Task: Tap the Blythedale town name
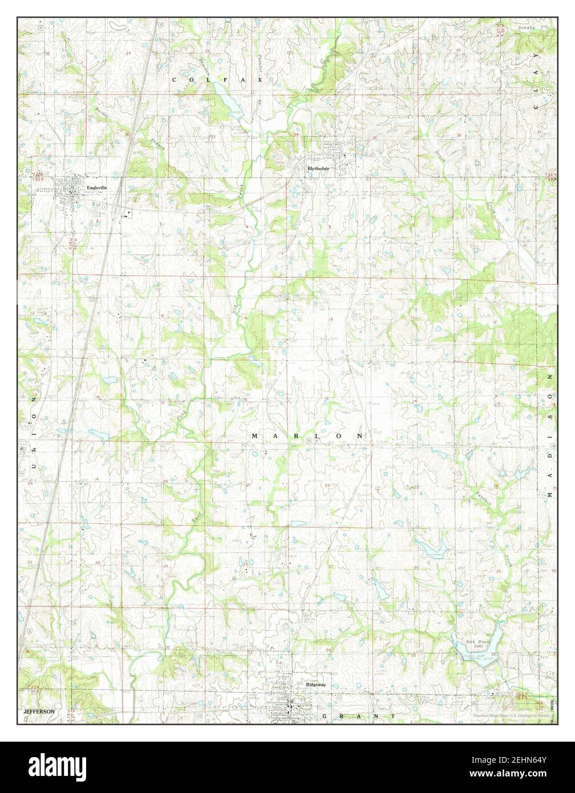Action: [318, 169]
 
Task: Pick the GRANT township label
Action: [358, 715]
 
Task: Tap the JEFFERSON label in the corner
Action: [39, 711]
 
